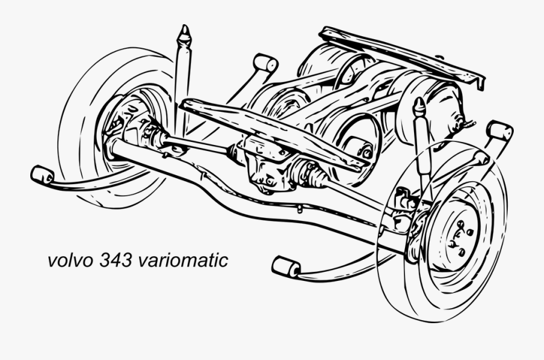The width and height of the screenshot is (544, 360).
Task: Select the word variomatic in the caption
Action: [183, 261]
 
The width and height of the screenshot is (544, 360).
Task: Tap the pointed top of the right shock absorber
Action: [419, 106]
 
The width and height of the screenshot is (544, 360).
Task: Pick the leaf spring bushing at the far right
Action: [499, 131]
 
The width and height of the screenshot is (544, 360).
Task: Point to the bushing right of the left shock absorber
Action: [265, 63]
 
